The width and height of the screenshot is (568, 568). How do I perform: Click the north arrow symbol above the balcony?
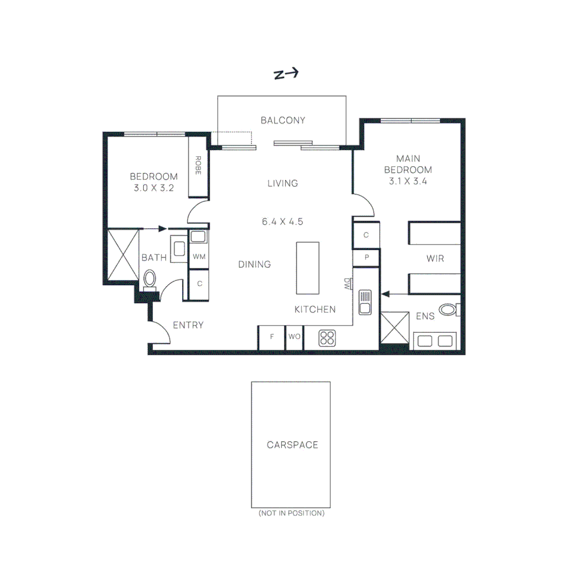[x=286, y=74]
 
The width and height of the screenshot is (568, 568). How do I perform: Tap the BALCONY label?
[x=283, y=120]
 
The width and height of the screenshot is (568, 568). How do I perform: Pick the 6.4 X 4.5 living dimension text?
[x=282, y=221]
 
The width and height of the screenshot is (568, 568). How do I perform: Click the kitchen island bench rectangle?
[x=308, y=268]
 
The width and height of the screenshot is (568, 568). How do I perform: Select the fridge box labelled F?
[x=271, y=337]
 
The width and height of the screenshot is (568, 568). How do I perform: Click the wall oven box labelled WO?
[x=295, y=337]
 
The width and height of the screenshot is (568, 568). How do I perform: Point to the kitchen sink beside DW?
[x=365, y=302]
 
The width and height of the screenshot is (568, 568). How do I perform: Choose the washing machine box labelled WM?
[x=199, y=257]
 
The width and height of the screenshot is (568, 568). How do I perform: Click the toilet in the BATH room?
[x=150, y=279]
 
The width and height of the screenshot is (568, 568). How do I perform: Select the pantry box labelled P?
[x=366, y=257]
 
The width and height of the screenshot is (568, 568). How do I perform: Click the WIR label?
[x=434, y=259]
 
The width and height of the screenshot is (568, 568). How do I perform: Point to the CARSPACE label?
[x=292, y=445]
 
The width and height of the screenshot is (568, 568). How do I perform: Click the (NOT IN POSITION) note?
[x=291, y=513]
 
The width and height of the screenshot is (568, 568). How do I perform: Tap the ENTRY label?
[x=188, y=325]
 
